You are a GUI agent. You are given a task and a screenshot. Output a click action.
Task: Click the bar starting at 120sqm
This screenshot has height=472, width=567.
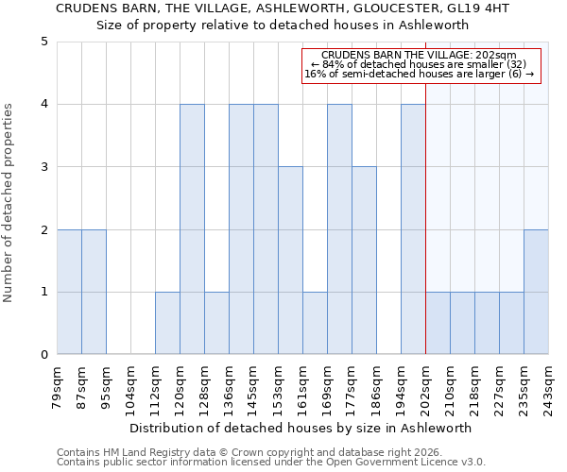(192, 229)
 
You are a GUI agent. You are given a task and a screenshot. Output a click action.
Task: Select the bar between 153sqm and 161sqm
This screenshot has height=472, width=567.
(290, 261)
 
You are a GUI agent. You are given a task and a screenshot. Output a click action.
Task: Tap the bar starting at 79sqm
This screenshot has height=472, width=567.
(69, 292)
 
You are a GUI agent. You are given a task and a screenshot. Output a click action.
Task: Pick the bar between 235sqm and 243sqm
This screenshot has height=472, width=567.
(536, 292)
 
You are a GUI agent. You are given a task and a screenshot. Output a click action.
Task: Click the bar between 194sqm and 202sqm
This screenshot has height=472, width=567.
(413, 229)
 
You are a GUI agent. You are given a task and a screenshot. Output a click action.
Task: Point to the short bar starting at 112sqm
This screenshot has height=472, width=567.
(167, 323)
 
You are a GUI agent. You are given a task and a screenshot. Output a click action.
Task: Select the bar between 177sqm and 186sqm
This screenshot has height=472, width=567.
(364, 261)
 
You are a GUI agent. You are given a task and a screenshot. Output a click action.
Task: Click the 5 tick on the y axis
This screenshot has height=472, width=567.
(43, 42)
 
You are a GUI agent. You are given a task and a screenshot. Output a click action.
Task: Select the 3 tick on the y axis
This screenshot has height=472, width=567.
(43, 167)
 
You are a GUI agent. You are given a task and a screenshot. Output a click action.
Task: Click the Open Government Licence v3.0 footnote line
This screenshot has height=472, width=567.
(271, 463)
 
